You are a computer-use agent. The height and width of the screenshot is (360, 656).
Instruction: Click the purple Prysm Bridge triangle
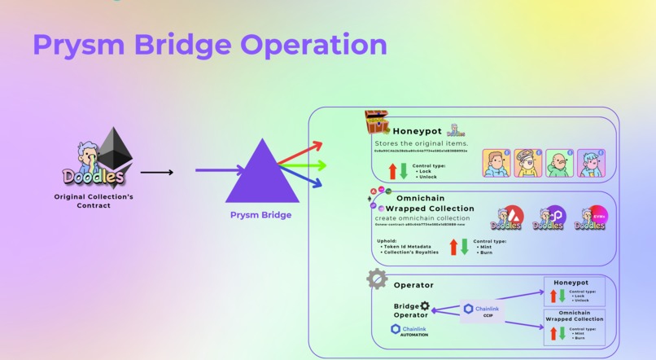pyautogui.click(x=262, y=175)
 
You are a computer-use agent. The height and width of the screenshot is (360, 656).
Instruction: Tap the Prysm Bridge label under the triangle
pyautogui.click(x=260, y=215)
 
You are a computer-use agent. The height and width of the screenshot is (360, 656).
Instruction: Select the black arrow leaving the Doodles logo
pyautogui.click(x=156, y=172)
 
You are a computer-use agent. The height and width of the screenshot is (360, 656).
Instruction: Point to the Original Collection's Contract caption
pyautogui.click(x=94, y=201)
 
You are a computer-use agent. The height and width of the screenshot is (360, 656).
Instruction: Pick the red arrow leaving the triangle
pyautogui.click(x=301, y=152)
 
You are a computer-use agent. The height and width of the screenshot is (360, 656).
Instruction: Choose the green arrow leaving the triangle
pyautogui.click(x=304, y=166)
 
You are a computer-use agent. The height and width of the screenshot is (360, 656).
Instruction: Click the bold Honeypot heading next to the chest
pyautogui.click(x=417, y=131)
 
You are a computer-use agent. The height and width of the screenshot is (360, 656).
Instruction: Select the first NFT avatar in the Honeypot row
pyautogui.click(x=496, y=163)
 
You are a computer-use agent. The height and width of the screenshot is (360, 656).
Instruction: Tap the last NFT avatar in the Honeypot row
pyautogui.click(x=591, y=163)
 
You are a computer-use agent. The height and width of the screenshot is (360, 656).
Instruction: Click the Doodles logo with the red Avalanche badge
pyautogui.click(x=506, y=218)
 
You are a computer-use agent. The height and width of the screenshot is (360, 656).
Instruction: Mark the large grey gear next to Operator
pyautogui.click(x=377, y=279)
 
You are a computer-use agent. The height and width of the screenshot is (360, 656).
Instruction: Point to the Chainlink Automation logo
pyautogui.click(x=409, y=331)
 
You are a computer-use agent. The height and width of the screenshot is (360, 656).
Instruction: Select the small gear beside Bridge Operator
pyautogui.click(x=424, y=306)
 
